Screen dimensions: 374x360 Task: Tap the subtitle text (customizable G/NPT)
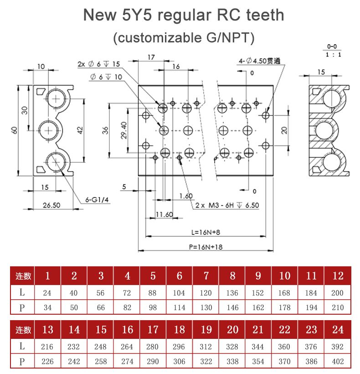(x=183, y=37)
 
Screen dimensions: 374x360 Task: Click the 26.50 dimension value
(x=51, y=205)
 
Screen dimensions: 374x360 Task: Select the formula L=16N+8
(x=206, y=232)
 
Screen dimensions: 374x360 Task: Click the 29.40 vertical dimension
(x=123, y=130)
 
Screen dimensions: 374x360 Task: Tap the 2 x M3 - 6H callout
(x=227, y=205)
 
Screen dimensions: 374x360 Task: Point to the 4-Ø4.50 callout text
(x=259, y=61)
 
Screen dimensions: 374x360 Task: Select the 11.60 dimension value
(x=164, y=214)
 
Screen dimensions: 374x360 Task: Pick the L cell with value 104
(x=179, y=293)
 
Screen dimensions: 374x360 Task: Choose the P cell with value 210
(x=338, y=307)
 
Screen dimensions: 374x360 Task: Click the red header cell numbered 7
(x=206, y=276)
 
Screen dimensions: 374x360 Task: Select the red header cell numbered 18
(x=180, y=330)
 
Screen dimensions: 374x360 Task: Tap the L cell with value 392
(x=338, y=347)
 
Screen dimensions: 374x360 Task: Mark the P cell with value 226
(x=47, y=361)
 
